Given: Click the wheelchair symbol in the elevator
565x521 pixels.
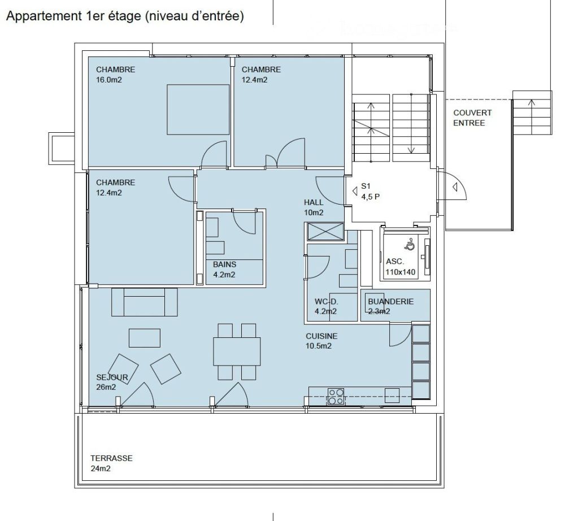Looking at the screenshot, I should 411,245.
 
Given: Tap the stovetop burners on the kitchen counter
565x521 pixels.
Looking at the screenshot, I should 336,396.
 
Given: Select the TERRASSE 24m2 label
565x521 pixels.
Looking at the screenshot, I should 111,463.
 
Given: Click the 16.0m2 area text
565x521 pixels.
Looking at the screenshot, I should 110,80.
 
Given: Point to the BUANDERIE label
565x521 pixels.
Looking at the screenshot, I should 390,302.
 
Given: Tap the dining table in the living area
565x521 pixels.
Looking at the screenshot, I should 237,351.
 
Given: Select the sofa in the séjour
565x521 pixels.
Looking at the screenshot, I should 144,302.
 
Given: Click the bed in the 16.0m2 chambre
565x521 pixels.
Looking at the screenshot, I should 197,110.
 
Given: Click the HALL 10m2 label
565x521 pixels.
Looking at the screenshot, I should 314,207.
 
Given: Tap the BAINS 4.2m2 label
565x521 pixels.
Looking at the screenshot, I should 224,270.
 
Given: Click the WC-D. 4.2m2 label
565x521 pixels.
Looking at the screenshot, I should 325,306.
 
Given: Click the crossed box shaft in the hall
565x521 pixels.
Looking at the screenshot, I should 325,232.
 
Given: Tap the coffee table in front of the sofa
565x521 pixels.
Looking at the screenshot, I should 145,338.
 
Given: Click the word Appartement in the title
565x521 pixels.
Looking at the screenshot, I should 43,17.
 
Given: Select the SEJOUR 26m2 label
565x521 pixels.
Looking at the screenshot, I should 112,382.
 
